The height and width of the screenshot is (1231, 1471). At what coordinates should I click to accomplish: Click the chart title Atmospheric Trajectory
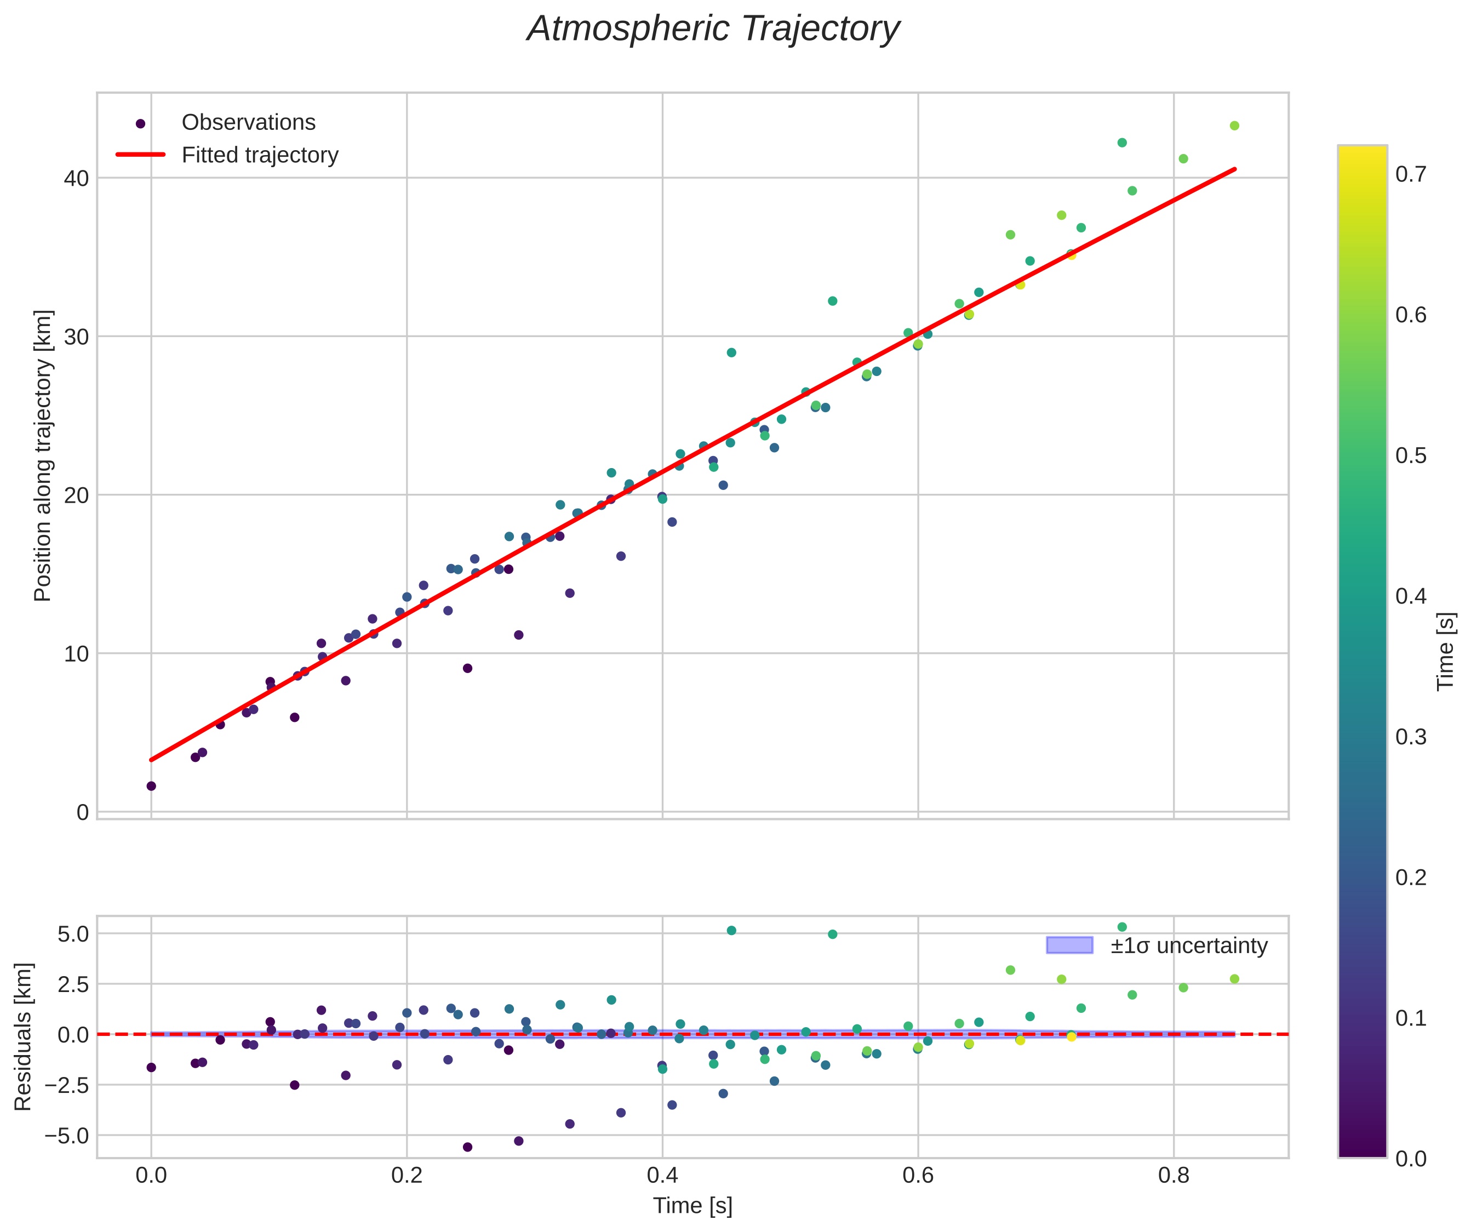pyautogui.click(x=713, y=30)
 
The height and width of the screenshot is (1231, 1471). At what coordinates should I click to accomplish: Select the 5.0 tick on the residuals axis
pyautogui.click(x=70, y=934)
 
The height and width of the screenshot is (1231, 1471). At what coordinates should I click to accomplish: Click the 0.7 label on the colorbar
pyautogui.click(x=1411, y=174)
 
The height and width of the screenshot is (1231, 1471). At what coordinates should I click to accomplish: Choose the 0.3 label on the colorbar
pyautogui.click(x=1411, y=737)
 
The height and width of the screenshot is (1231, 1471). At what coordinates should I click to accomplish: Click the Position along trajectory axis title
pyautogui.click(x=43, y=455)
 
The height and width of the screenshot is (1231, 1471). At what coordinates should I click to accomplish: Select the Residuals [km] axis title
pyautogui.click(x=24, y=1037)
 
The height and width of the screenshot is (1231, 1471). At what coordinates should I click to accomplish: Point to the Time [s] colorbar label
pyautogui.click(x=1446, y=652)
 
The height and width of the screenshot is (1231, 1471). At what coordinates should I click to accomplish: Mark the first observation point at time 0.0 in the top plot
pyautogui.click(x=151, y=786)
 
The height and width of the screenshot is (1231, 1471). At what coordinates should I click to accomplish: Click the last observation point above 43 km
pyautogui.click(x=1234, y=126)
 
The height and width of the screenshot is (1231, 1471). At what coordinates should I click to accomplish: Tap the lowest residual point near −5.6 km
pyautogui.click(x=467, y=1147)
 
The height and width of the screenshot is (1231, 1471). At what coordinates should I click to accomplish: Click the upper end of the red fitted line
pyautogui.click(x=1234, y=169)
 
